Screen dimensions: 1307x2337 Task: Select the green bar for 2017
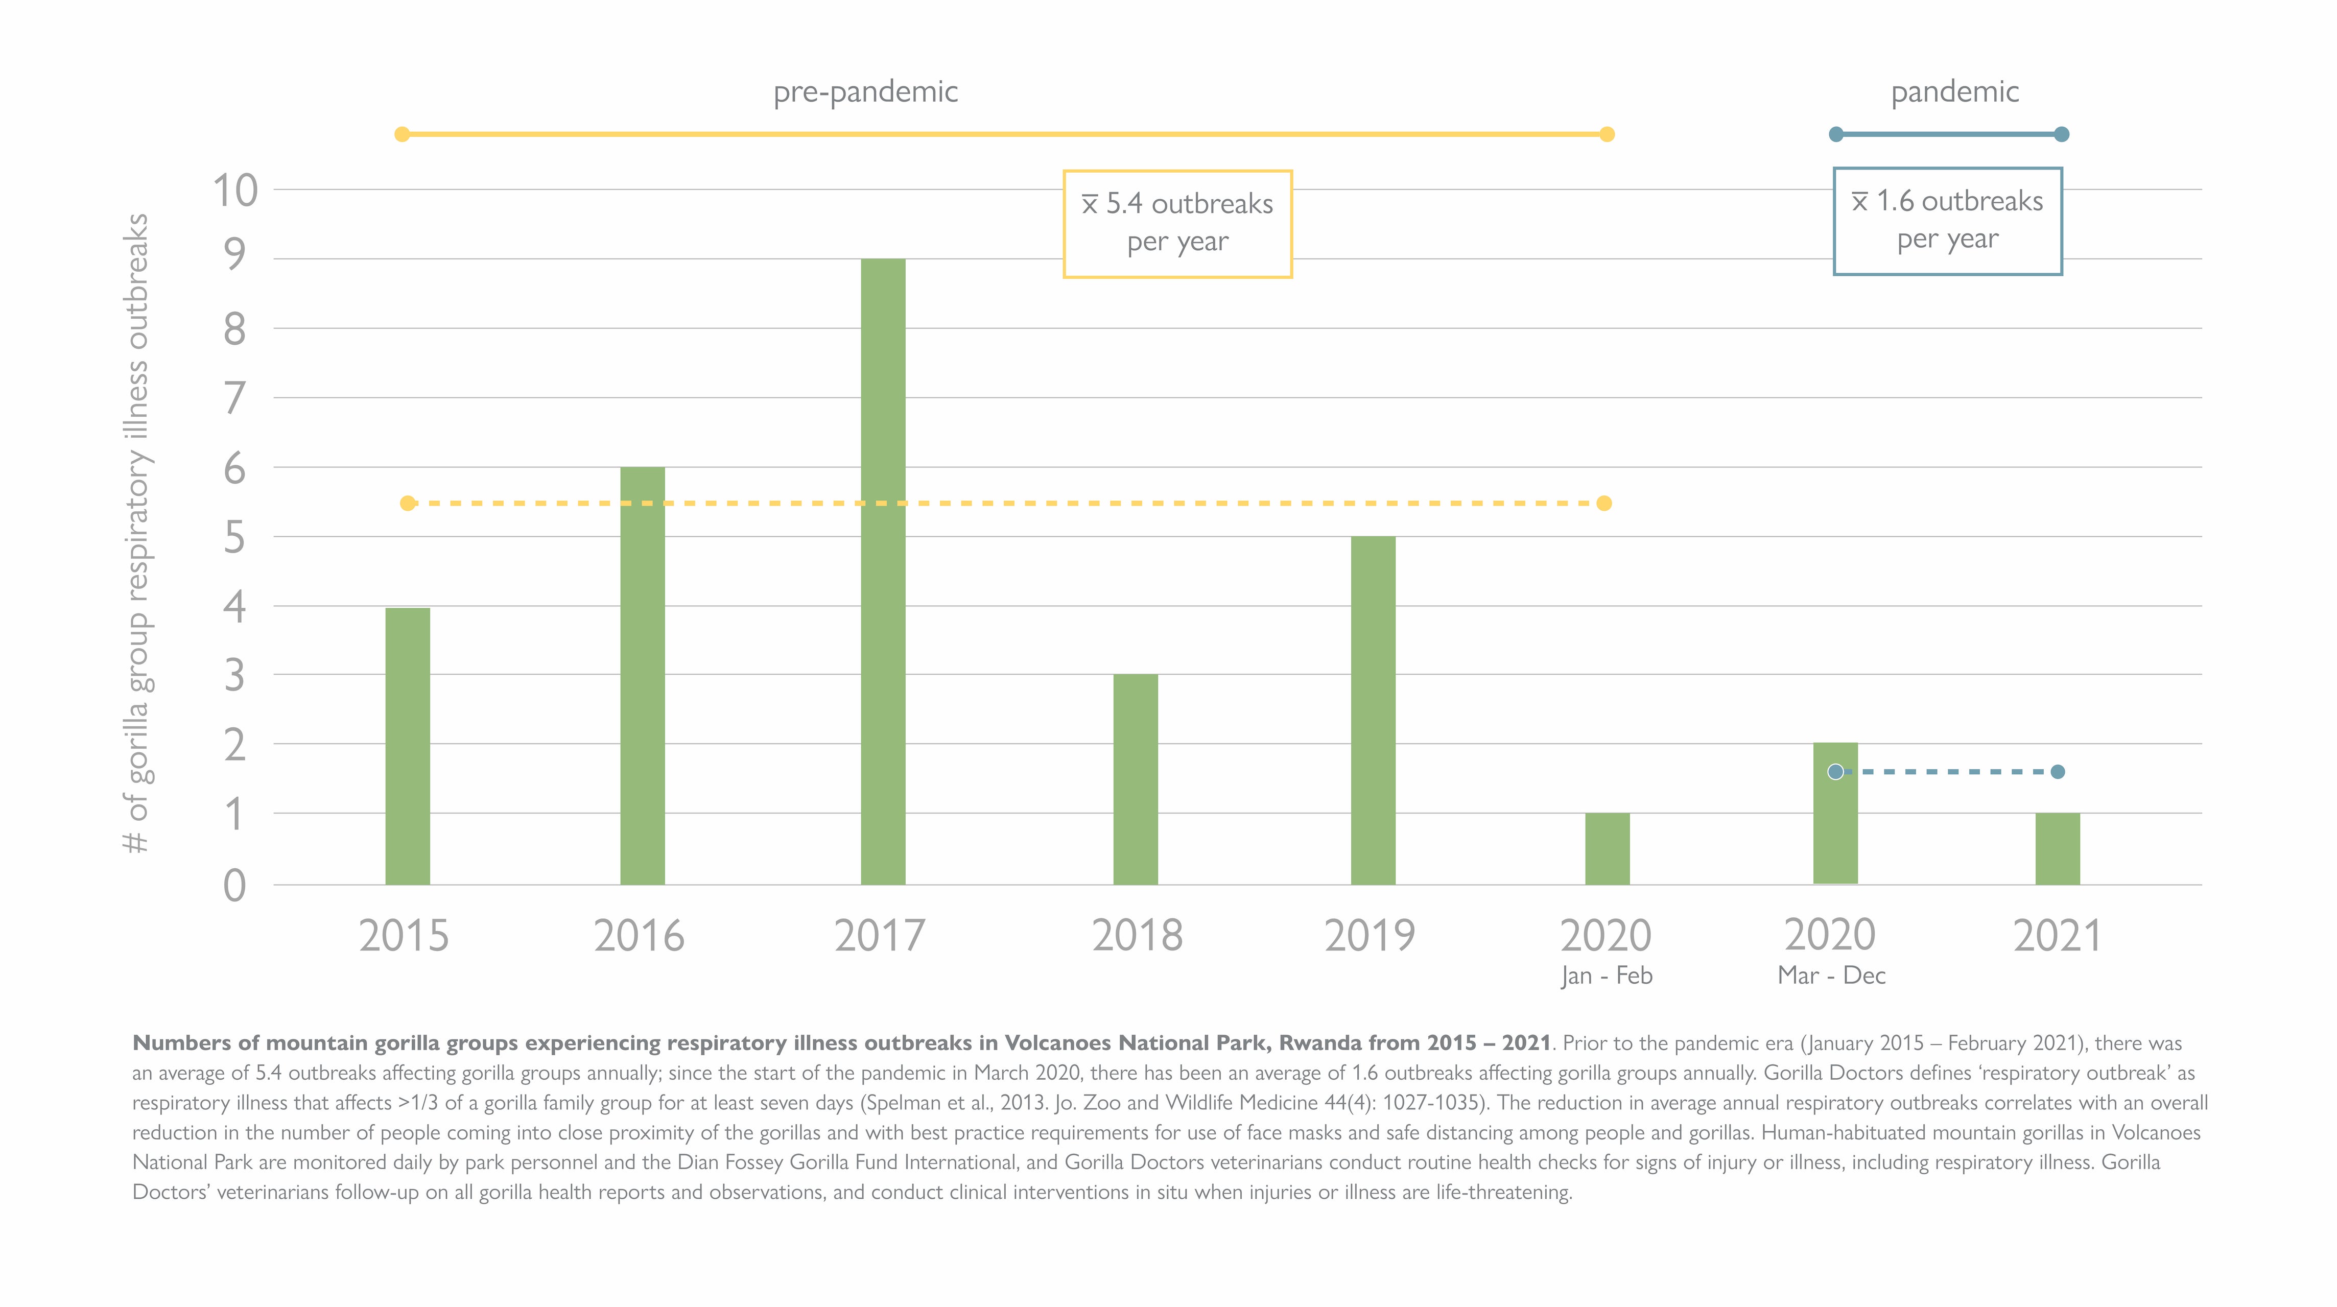tap(883, 572)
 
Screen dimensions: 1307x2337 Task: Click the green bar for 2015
tap(407, 746)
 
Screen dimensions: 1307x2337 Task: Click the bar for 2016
tap(642, 676)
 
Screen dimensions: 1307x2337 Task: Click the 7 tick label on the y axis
tap(235, 398)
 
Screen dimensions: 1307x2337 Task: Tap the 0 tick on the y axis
tap(235, 885)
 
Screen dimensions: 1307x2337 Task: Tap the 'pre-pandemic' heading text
tap(865, 91)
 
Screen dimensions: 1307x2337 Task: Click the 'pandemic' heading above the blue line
tap(1954, 91)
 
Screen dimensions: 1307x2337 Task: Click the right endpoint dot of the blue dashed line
tap(2058, 772)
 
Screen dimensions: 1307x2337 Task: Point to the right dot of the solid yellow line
tap(1607, 134)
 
